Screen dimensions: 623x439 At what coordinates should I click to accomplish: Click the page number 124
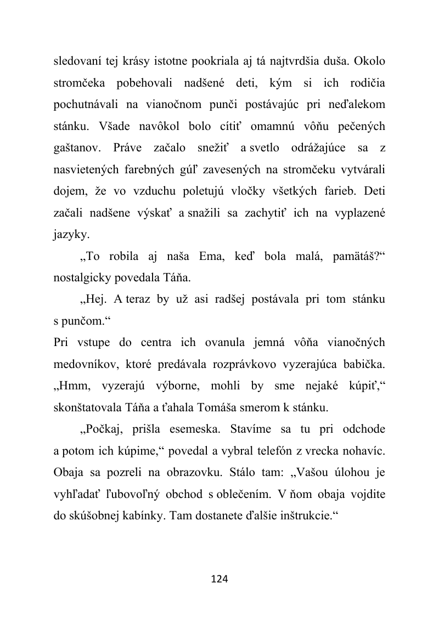219,579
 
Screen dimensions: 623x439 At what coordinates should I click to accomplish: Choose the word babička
364,364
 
